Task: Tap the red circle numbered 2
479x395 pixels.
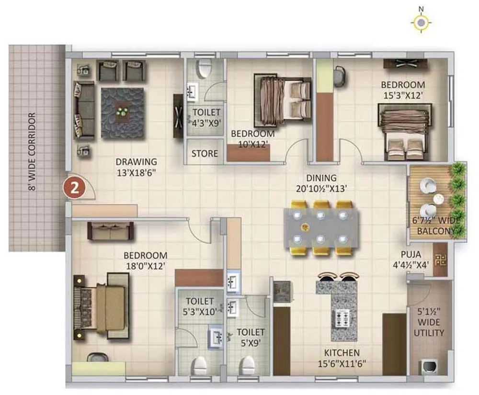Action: [x=74, y=187]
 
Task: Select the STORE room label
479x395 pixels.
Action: [x=205, y=154]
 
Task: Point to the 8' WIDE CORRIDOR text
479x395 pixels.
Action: [x=33, y=151]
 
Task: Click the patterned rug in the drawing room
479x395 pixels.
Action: [x=123, y=113]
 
